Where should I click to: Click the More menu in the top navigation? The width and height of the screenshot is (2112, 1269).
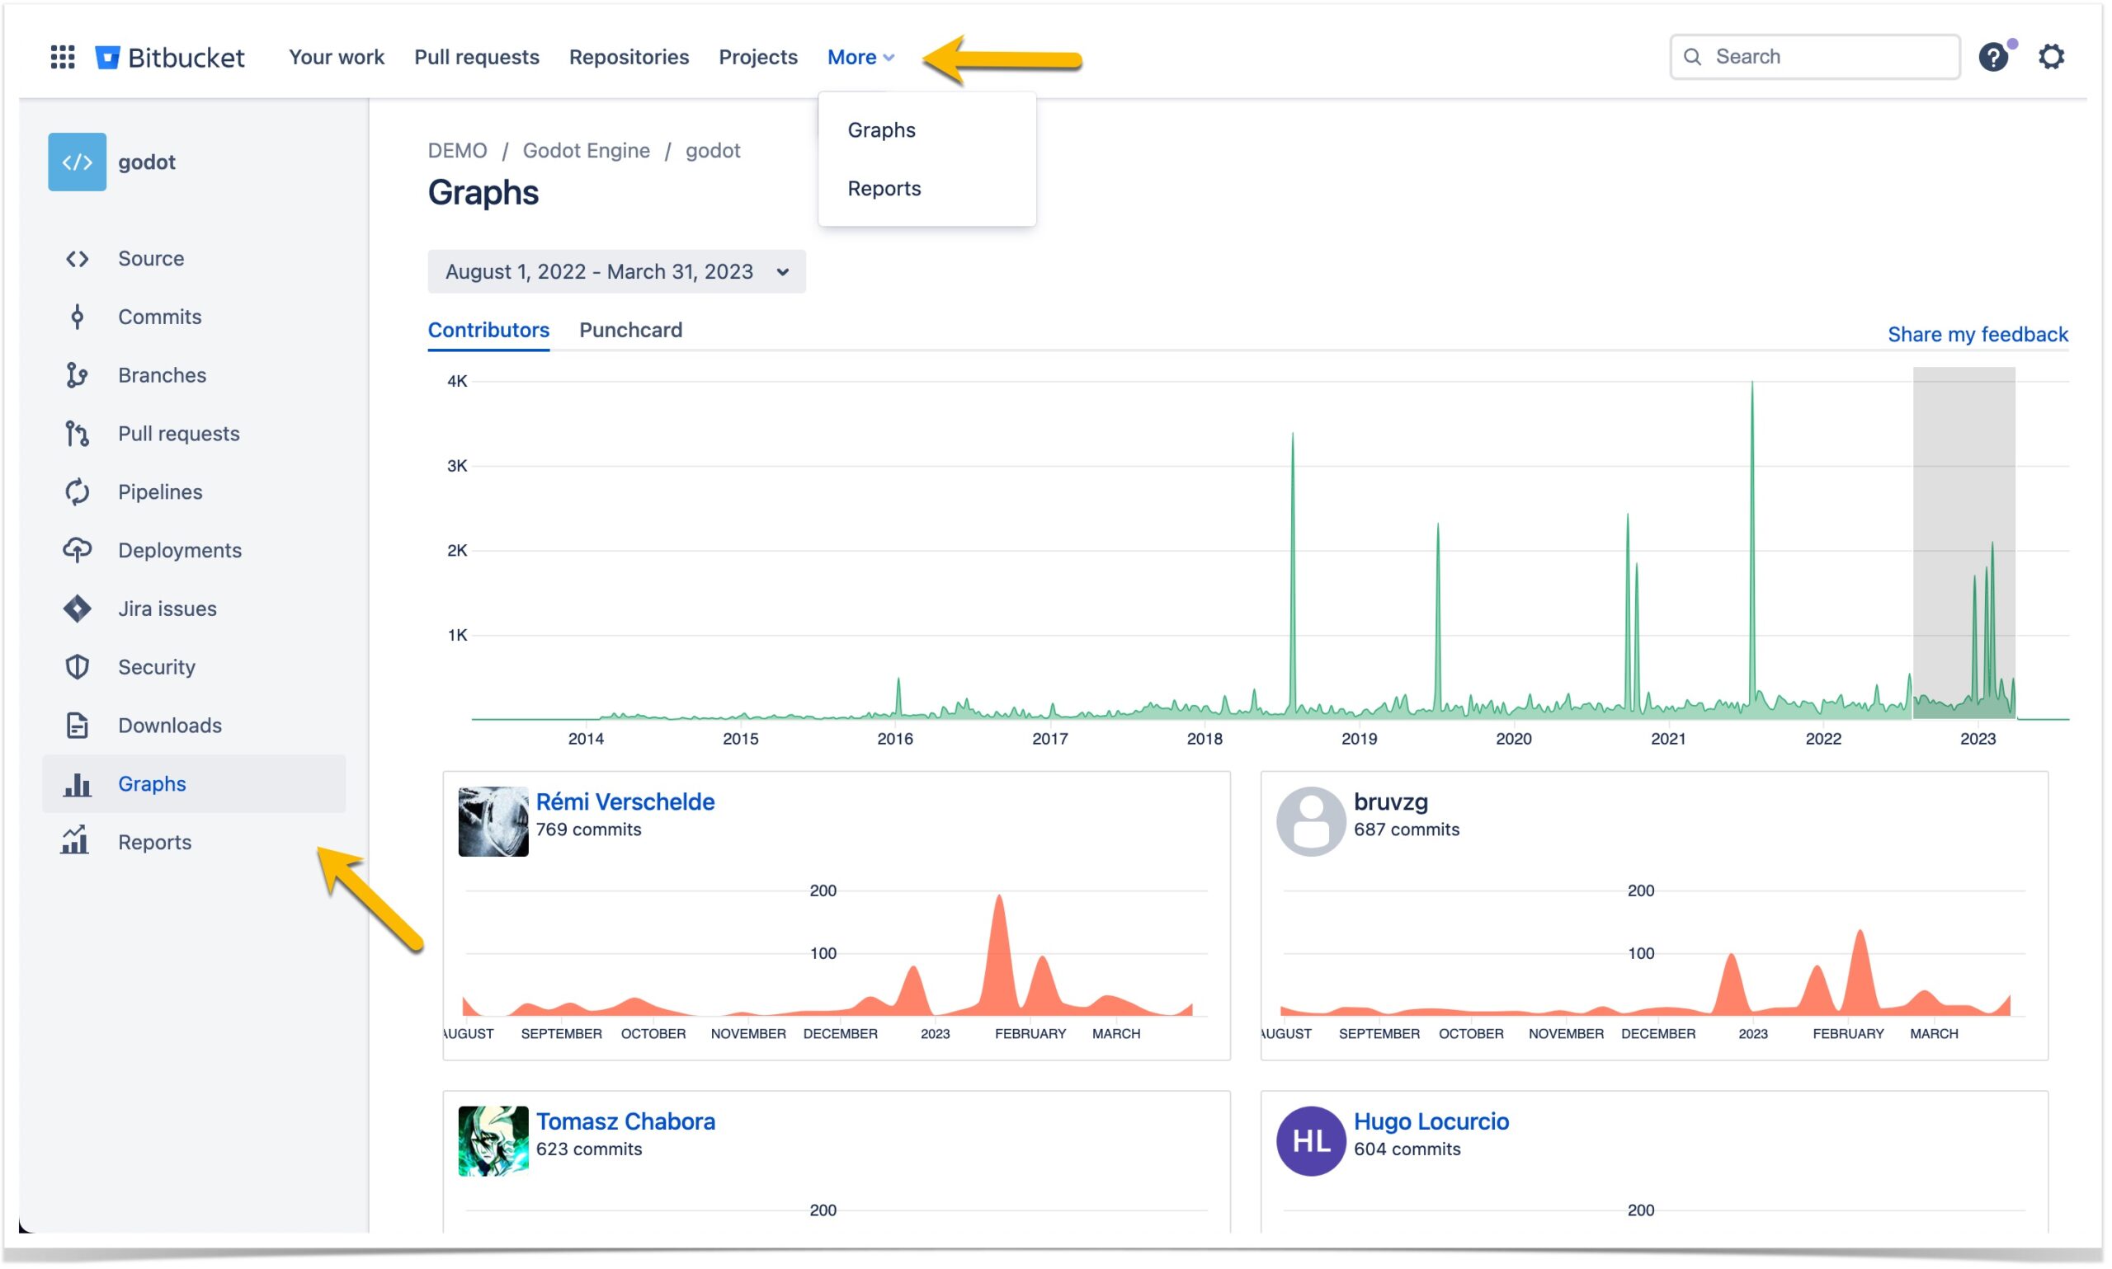(x=860, y=57)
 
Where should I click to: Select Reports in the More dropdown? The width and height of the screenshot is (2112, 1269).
(x=884, y=188)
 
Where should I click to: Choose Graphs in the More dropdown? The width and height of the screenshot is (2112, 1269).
(x=881, y=130)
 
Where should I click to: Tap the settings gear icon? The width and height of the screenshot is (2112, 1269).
(x=2050, y=57)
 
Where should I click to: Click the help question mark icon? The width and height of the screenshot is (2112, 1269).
(x=1992, y=57)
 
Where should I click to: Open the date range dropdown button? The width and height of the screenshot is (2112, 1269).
(x=616, y=272)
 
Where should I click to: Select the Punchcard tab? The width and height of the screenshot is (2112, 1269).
(x=630, y=330)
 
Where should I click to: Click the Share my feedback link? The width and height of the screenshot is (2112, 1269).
(x=1977, y=334)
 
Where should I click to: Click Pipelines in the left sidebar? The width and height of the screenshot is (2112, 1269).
(x=160, y=491)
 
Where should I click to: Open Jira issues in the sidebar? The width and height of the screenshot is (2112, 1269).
(x=167, y=609)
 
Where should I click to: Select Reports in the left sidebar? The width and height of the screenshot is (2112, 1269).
(x=154, y=843)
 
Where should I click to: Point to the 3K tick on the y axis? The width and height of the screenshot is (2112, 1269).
(x=457, y=466)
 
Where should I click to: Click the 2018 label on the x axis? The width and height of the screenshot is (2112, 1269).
(x=1204, y=739)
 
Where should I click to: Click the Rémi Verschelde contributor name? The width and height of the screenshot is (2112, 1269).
(x=625, y=802)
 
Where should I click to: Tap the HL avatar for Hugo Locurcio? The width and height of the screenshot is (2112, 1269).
(x=1310, y=1140)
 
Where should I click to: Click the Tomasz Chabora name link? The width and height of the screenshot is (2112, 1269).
(x=625, y=1122)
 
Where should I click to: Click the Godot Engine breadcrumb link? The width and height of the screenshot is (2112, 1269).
(x=586, y=151)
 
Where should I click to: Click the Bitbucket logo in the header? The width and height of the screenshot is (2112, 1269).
(x=169, y=57)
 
